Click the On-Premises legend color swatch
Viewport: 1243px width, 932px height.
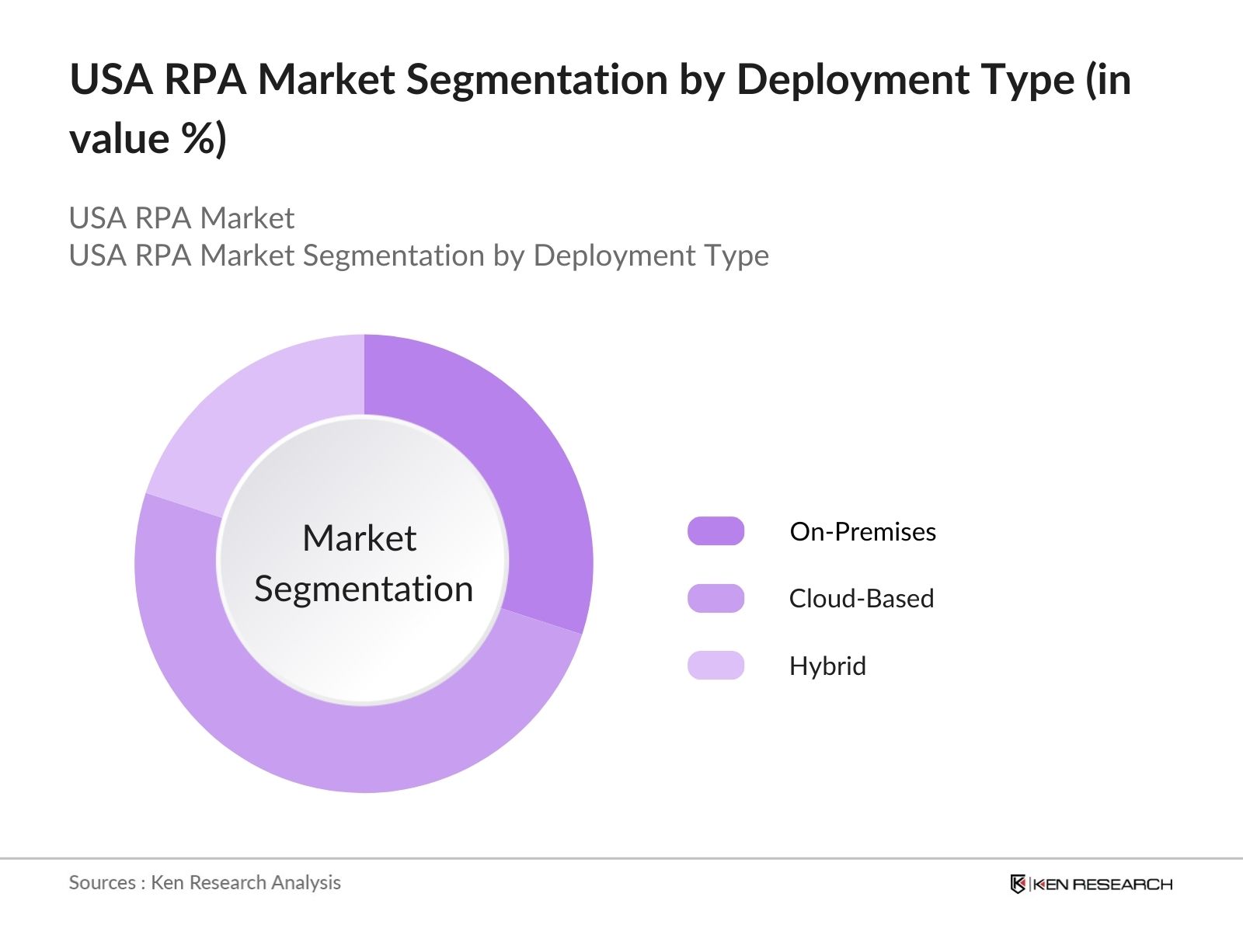tap(716, 531)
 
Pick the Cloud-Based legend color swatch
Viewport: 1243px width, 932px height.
tap(716, 598)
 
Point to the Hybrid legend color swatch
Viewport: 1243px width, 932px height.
tap(716, 666)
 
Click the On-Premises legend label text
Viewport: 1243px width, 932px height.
tap(862, 532)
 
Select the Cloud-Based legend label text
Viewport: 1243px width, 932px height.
tap(862, 599)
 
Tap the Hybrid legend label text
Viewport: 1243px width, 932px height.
tap(827, 666)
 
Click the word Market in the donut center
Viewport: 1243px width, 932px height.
tap(359, 538)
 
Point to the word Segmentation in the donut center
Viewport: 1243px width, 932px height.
tap(364, 589)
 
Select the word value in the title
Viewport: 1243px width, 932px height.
tap(119, 140)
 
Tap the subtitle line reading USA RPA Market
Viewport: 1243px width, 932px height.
tap(182, 218)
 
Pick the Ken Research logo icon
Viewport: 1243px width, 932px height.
tap(1018, 884)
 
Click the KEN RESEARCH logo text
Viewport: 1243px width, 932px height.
tap(1102, 884)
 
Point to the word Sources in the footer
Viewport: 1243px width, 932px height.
tap(102, 882)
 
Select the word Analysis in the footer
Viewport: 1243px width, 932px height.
tap(310, 882)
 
